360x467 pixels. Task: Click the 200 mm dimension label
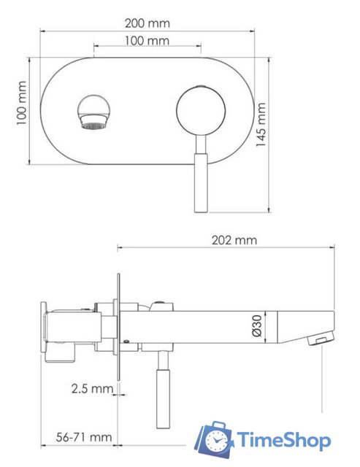point(148,24)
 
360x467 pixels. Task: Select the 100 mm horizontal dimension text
point(147,41)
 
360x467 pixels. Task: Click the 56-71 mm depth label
point(85,437)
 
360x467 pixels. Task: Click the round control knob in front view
point(201,111)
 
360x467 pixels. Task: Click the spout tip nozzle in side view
point(318,339)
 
